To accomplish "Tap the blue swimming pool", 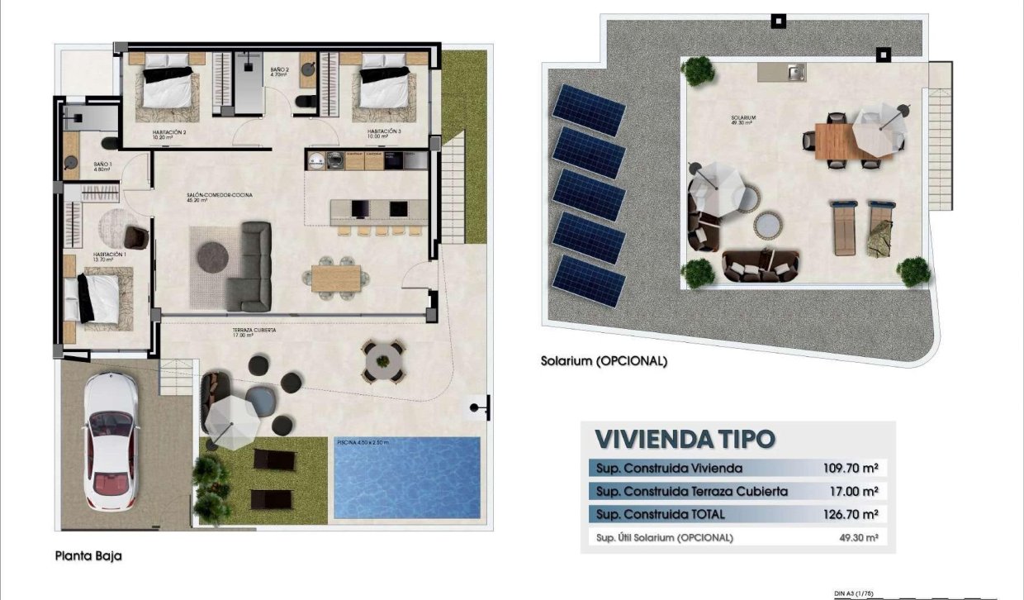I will click(x=407, y=478).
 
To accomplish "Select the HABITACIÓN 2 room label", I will click(x=168, y=132).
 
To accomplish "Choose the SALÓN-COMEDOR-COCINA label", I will click(x=219, y=197).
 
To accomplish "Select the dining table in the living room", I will click(x=336, y=277).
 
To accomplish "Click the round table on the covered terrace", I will click(x=382, y=360).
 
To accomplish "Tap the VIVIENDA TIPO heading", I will click(x=685, y=438).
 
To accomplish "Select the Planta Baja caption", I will click(x=88, y=556).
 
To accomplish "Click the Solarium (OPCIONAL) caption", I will click(x=603, y=361).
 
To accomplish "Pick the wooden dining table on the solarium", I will click(x=836, y=140).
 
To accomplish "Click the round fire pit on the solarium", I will click(x=767, y=224).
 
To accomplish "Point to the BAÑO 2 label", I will click(x=278, y=72).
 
